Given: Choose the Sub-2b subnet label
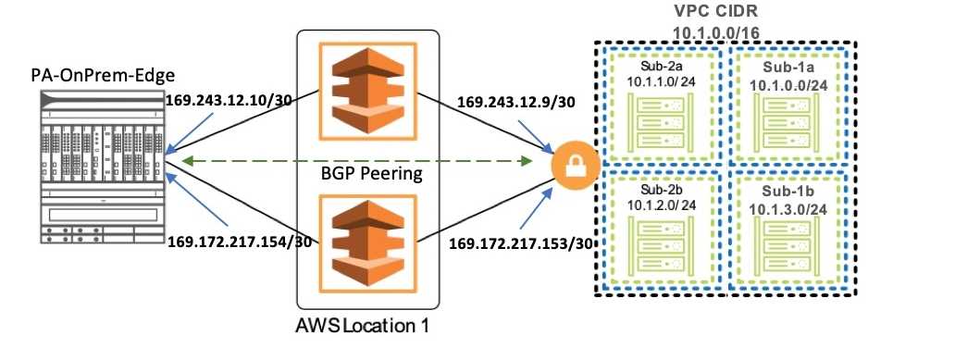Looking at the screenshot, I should click(x=660, y=189).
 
